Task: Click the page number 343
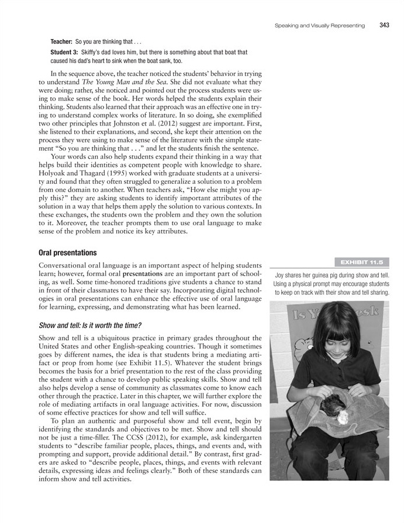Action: tap(384, 25)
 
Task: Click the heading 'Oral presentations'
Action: tap(67, 253)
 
